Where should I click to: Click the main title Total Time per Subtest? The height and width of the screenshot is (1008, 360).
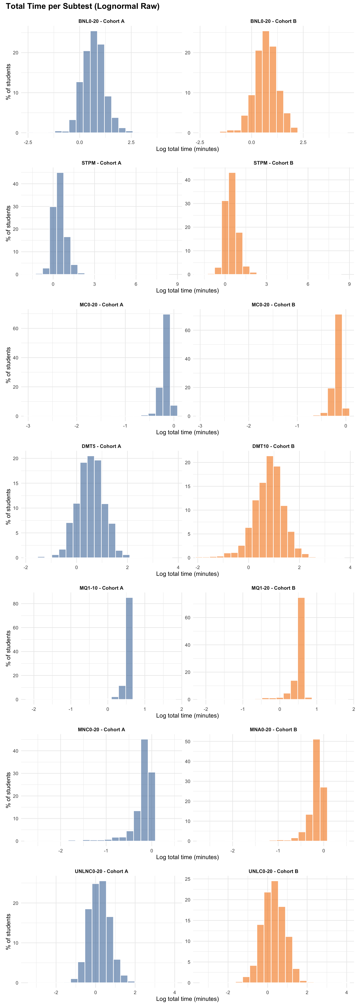82,6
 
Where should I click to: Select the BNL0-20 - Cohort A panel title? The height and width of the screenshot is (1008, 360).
101,21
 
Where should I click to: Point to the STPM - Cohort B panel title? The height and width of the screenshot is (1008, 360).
273,163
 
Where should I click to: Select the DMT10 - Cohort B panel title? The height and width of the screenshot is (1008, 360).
273,446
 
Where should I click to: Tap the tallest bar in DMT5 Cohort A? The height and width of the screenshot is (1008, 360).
91,507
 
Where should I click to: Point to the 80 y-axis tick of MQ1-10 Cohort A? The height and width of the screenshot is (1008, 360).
16,604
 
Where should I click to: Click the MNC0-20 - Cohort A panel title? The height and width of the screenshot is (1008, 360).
101,729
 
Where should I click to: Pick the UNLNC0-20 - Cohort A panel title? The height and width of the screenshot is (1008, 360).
101,871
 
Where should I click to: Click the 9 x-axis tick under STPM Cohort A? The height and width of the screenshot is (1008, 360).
177,284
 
